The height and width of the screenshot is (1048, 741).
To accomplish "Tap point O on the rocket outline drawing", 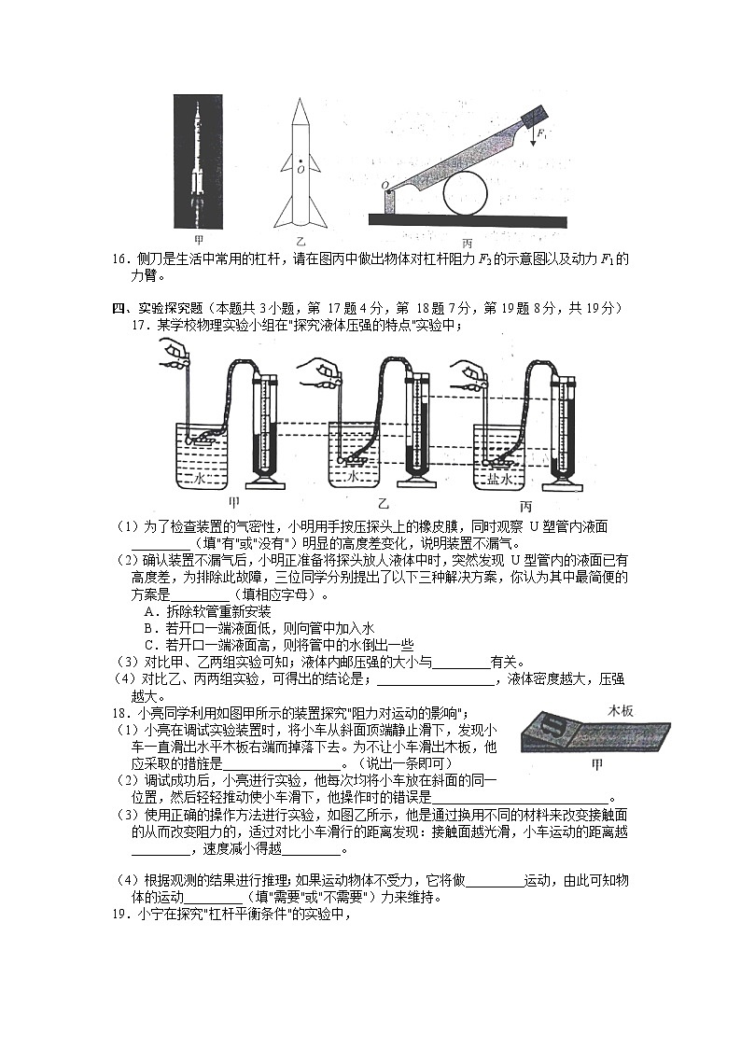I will pos(301,170).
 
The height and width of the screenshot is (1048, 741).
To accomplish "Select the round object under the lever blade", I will pos(466,193).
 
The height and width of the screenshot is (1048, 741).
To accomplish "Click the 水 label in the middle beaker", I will pos(354,476).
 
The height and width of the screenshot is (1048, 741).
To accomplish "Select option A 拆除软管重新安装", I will pos(207,611).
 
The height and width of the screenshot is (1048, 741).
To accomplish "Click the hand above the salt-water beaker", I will pos(471,371).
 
